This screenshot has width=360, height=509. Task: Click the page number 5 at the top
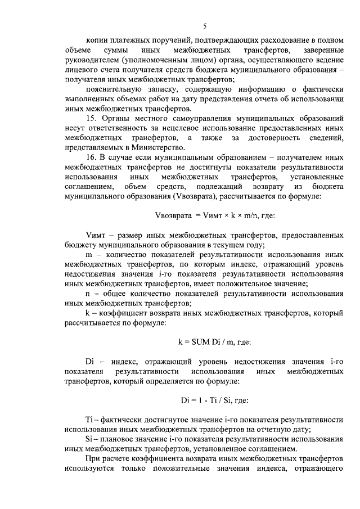(x=205, y=25)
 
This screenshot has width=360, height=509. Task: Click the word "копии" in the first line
(x=97, y=41)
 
